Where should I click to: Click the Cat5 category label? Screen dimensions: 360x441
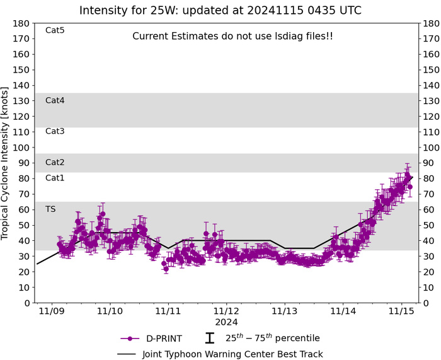55,30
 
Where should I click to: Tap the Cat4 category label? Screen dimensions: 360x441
55,100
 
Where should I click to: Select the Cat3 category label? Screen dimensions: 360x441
55,131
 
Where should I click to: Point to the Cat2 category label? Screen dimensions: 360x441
55,162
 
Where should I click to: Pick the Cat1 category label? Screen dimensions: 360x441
55,178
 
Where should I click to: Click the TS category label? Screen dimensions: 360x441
50,209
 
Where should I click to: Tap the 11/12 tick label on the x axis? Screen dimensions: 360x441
226,311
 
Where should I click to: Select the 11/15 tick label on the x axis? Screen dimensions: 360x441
400,311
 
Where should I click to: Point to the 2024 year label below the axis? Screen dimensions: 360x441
226,322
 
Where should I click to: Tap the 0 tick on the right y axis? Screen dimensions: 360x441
427,303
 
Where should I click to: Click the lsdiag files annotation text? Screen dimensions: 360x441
232,37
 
